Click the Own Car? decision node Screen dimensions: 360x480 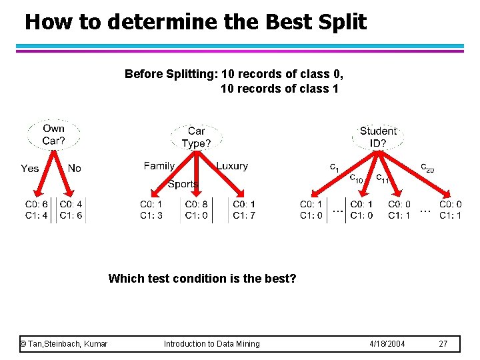pyautogui.click(x=53, y=135)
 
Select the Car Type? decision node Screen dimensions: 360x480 pyautogui.click(x=196, y=137)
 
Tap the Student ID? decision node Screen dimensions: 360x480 pyautogui.click(x=377, y=137)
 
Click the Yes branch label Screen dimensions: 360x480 pyautogui.click(x=30, y=169)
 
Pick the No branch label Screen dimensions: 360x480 pyautogui.click(x=74, y=169)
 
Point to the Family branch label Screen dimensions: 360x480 pyautogui.click(x=159, y=166)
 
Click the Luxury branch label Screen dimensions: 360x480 pyautogui.click(x=232, y=166)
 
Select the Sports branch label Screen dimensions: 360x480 pyautogui.click(x=183, y=184)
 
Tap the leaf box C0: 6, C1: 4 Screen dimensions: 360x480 pyautogui.click(x=37, y=209)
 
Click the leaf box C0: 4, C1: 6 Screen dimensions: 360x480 pyautogui.click(x=71, y=209)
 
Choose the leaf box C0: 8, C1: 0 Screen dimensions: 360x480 pyautogui.click(x=196, y=209)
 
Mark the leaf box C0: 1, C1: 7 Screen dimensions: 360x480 pyautogui.click(x=243, y=209)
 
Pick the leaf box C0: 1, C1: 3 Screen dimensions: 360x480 pyautogui.click(x=151, y=209)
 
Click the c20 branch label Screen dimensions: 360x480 pyautogui.click(x=427, y=167)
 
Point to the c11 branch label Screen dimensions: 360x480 pyautogui.click(x=383, y=178)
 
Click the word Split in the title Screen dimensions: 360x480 pyautogui.click(x=341, y=22)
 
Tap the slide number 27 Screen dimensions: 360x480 pyautogui.click(x=443, y=344)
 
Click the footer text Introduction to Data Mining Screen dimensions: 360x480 pyautogui.click(x=212, y=344)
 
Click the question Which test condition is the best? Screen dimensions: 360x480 pyautogui.click(x=202, y=278)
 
